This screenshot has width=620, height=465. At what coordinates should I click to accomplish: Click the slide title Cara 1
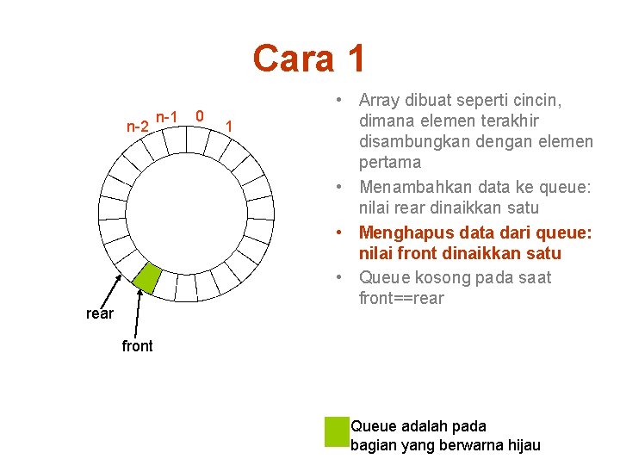point(309,59)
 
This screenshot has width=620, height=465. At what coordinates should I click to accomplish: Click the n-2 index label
point(137,127)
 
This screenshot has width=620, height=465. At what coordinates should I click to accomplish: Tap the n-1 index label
point(167,116)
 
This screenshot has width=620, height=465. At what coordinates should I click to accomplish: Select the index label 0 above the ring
point(200,115)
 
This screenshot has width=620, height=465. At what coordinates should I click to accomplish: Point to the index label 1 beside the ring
point(228,127)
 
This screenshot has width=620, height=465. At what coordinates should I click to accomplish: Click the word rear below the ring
point(100,313)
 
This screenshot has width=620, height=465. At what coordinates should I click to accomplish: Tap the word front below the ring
point(138,346)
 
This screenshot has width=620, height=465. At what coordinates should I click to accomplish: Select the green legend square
point(336,431)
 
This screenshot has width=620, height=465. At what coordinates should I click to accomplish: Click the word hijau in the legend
point(521,445)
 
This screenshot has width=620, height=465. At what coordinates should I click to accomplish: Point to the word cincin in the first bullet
point(539,100)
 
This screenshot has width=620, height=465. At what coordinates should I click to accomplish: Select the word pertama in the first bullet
point(390,162)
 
